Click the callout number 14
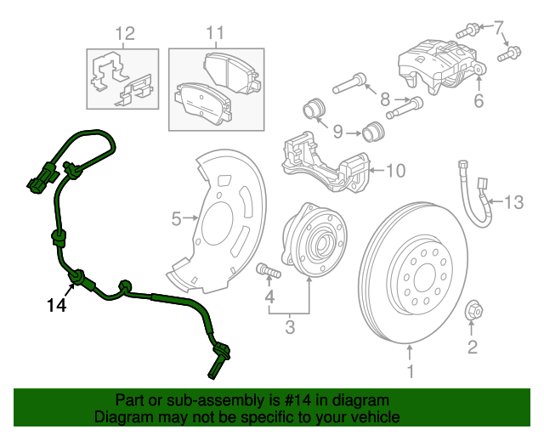pos(56,304)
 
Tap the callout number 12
pos(125,34)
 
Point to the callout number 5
pos(177,219)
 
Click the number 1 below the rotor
pos(410,371)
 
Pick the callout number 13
pos(516,202)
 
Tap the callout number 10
pos(396,171)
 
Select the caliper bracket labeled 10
pos(327,161)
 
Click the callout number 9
pos(337,132)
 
